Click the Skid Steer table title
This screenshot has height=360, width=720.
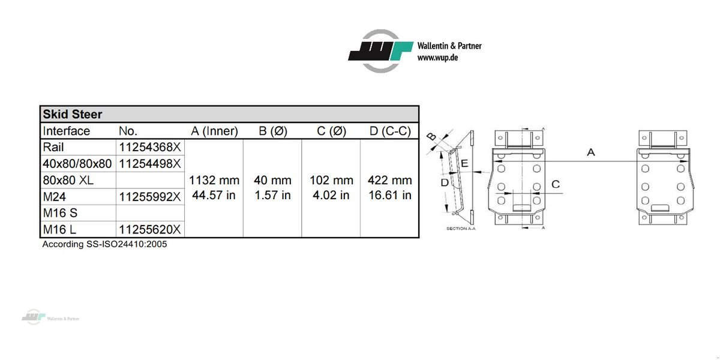73,114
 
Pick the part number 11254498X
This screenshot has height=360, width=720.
149,164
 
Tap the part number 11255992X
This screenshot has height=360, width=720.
149,197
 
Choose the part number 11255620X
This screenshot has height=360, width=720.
149,229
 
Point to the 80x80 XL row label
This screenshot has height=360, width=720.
69,180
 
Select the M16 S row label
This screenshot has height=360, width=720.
60,213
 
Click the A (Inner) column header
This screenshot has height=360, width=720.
214,131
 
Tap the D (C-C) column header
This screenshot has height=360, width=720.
390,131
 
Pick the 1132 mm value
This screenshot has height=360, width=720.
214,180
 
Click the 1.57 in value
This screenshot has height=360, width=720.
272,195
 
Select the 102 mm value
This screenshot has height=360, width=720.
331,180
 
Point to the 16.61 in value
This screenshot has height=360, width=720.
390,195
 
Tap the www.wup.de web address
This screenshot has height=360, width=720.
438,58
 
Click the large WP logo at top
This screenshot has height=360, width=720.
381,51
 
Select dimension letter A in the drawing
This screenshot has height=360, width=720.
591,153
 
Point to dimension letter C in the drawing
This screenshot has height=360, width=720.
556,184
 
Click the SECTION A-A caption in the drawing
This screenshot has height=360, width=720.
461,229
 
